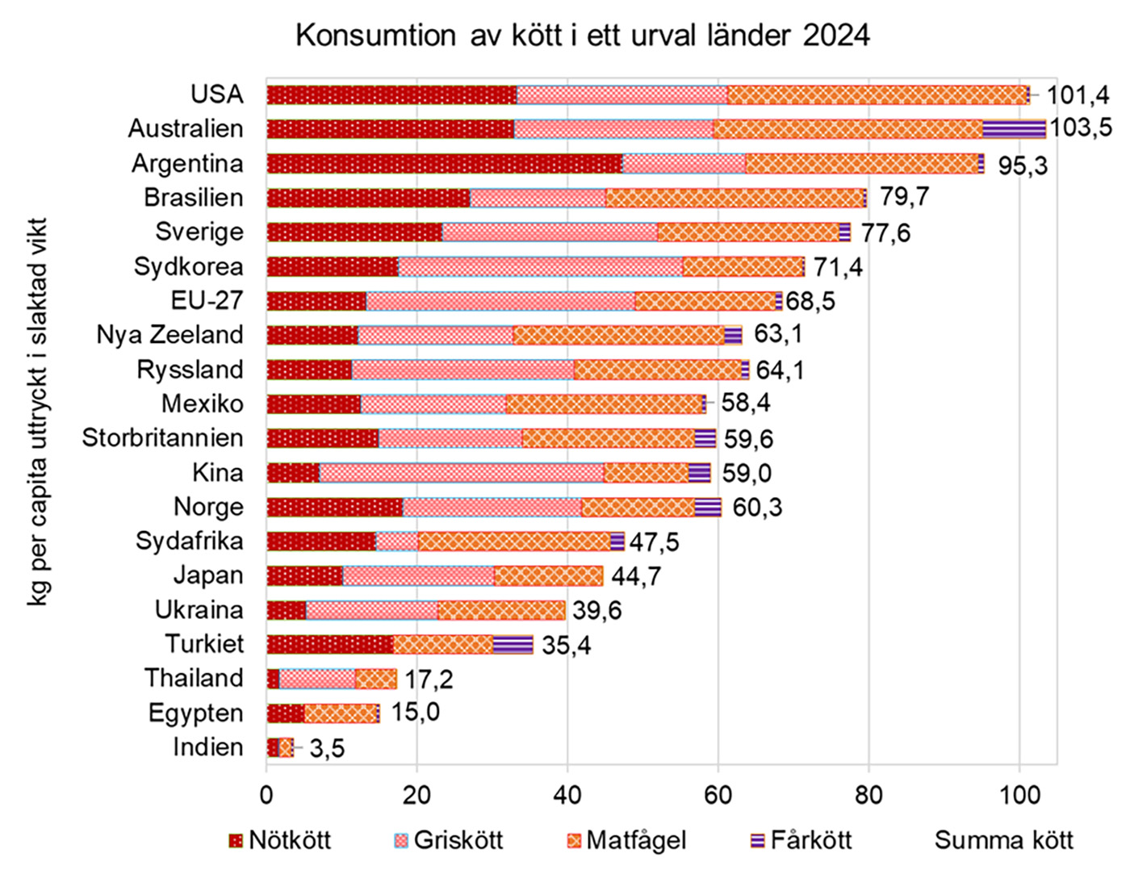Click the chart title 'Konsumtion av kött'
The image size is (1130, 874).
point(582,36)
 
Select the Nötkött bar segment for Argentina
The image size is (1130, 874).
point(444,163)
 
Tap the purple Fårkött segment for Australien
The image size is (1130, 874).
point(1014,129)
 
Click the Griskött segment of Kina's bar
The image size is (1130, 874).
point(461,472)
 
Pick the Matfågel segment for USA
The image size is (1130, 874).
point(877,94)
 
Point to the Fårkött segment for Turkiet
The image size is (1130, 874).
point(513,644)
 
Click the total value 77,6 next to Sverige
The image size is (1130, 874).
point(885,233)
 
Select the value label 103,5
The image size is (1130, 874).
point(1080,128)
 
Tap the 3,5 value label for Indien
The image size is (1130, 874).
point(327,749)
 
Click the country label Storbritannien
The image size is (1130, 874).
point(162,438)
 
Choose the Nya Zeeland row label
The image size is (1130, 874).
point(169,335)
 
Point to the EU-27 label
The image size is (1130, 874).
point(207,301)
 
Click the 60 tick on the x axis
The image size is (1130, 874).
point(718,794)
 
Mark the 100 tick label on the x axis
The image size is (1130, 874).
point(1019,794)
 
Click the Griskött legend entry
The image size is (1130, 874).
point(449,841)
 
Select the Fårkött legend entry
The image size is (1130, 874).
point(801,841)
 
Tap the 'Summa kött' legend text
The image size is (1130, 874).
point(1003,841)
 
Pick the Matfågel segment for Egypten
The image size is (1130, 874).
point(341,713)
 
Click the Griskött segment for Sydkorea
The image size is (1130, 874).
point(540,266)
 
